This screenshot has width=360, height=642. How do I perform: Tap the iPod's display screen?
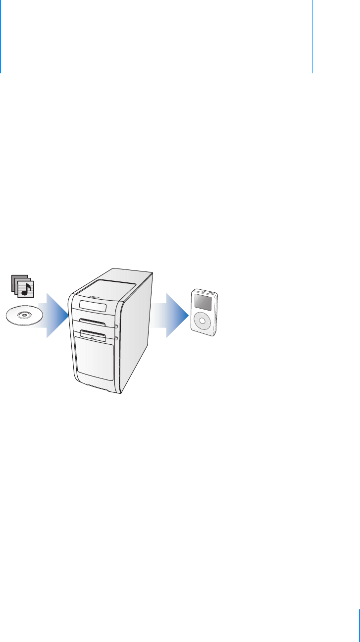pos(202,302)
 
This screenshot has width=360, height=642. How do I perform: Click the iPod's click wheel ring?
pos(202,321)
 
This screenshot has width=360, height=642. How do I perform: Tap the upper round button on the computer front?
pos(115,325)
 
